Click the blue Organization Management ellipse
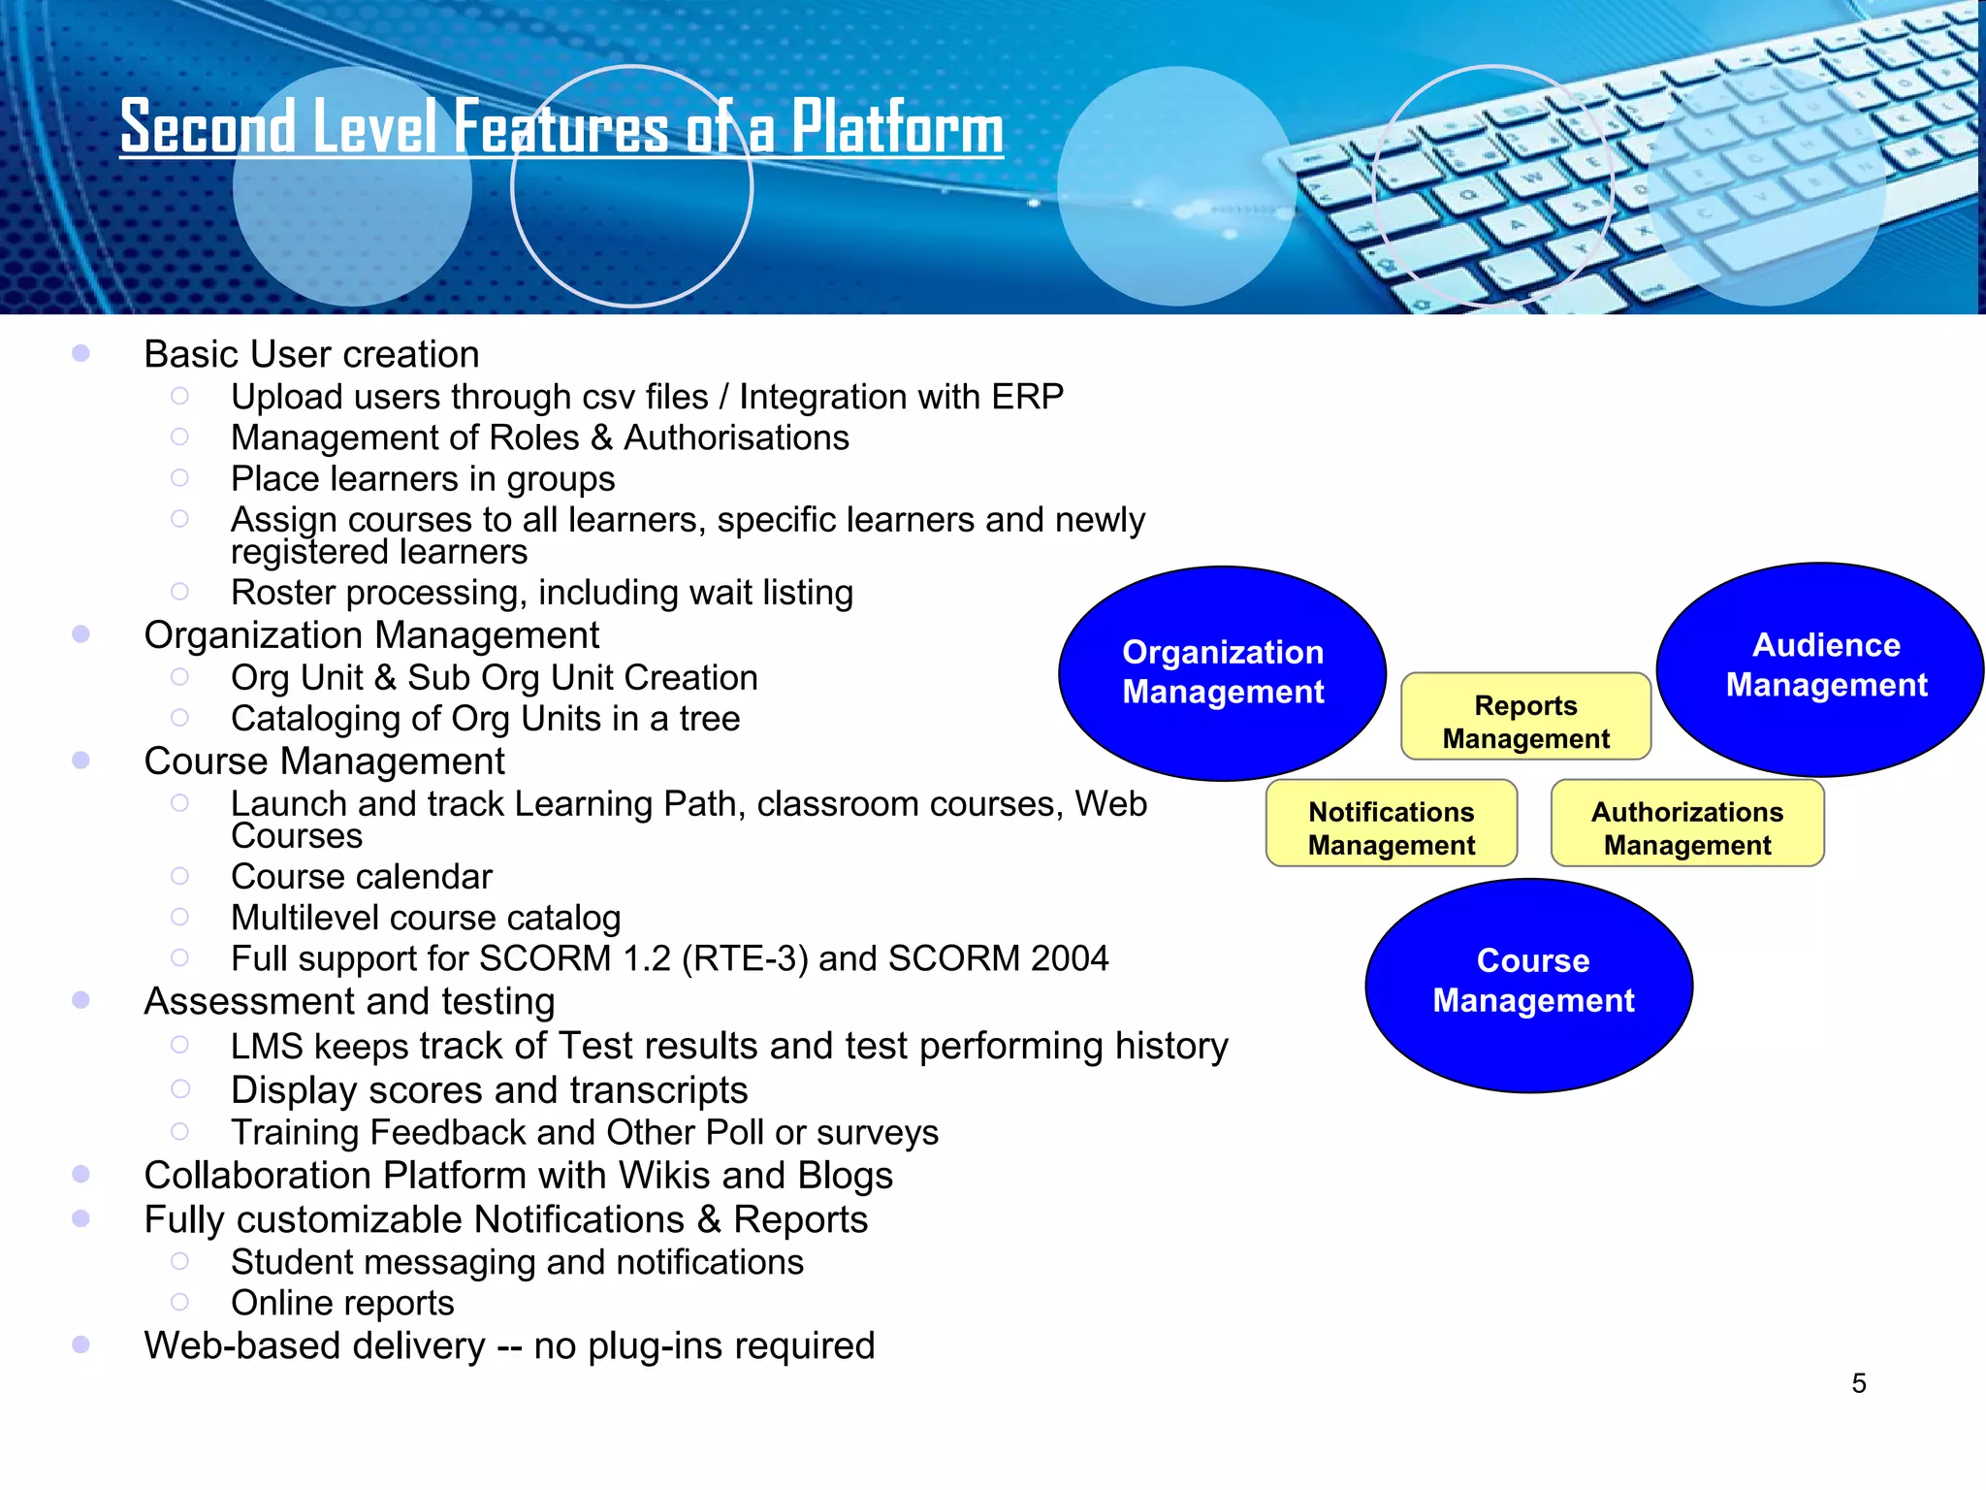point(1222,672)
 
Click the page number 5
point(1858,1383)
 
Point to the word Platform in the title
point(897,128)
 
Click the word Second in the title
point(208,128)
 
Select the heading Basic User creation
point(311,355)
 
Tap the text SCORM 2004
point(998,958)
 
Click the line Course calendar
point(361,877)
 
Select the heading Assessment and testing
point(349,1001)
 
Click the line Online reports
point(342,1303)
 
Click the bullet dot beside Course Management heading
point(81,761)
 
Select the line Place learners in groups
point(423,479)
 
